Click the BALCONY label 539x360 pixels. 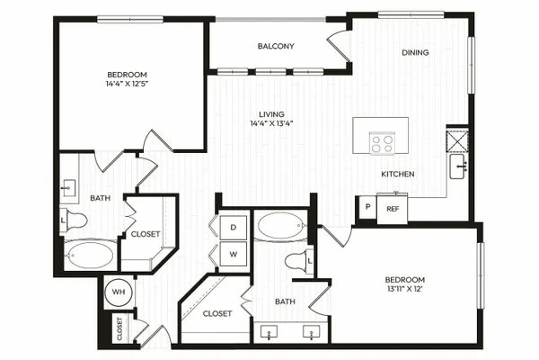276,46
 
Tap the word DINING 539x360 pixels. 415,52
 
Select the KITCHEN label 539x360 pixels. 398,174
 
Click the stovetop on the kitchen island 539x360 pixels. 383,143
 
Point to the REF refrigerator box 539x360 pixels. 393,209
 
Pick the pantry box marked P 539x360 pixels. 367,207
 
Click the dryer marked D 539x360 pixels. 234,228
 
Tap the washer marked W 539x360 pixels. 234,254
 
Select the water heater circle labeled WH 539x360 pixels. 119,292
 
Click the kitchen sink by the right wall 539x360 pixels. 458,166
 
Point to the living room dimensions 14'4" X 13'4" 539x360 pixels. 271,123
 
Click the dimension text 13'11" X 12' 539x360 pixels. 404,289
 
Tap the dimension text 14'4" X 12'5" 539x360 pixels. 128,84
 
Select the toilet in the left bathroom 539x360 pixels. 74,220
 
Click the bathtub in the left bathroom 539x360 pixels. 89,256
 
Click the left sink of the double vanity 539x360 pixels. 269,332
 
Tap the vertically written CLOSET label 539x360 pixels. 119,328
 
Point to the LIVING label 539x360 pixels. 271,114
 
